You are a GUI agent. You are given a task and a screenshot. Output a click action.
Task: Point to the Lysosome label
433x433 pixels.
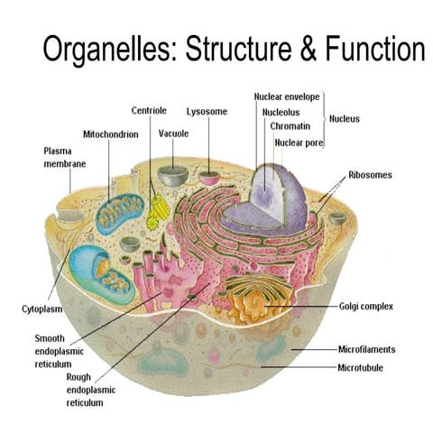tap(207, 112)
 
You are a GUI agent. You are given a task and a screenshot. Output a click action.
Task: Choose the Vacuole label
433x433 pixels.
tap(173, 133)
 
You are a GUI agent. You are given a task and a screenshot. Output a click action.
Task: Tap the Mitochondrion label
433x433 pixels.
tap(110, 133)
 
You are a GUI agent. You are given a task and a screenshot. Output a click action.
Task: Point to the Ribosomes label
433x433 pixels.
tap(370, 174)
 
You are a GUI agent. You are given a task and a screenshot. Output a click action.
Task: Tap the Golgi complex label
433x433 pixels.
tap(365, 306)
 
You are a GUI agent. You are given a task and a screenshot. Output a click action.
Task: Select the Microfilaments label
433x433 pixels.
tap(366, 348)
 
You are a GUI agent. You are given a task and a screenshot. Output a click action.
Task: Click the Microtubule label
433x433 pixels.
tap(361, 368)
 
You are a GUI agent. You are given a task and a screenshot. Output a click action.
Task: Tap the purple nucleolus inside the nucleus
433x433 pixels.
tap(264, 194)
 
